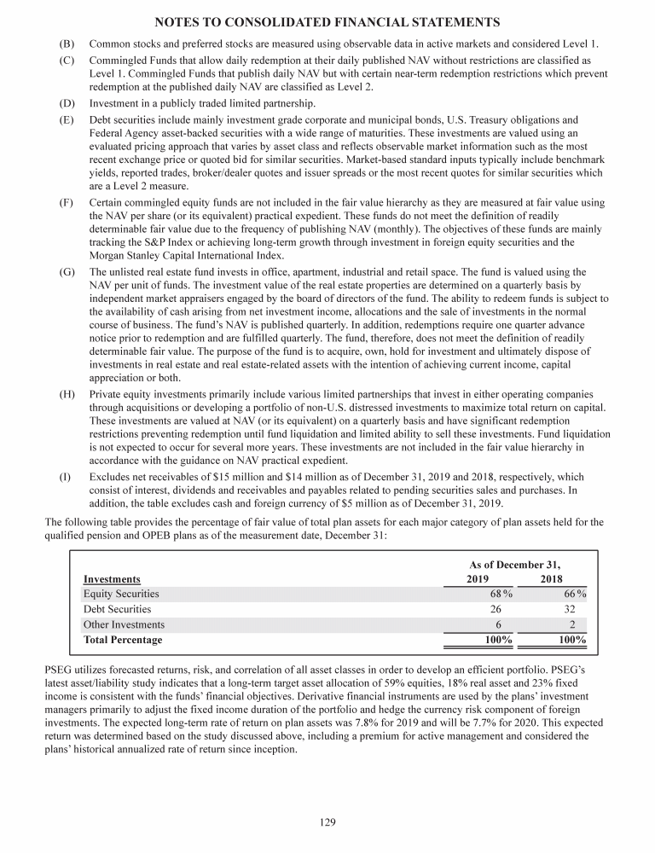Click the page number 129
pos(327,822)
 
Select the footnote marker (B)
pos(66,43)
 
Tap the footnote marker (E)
pos(66,120)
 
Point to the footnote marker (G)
pos(66,271)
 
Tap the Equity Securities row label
pos(121,594)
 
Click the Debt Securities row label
pos(117,609)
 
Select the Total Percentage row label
pos(123,640)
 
